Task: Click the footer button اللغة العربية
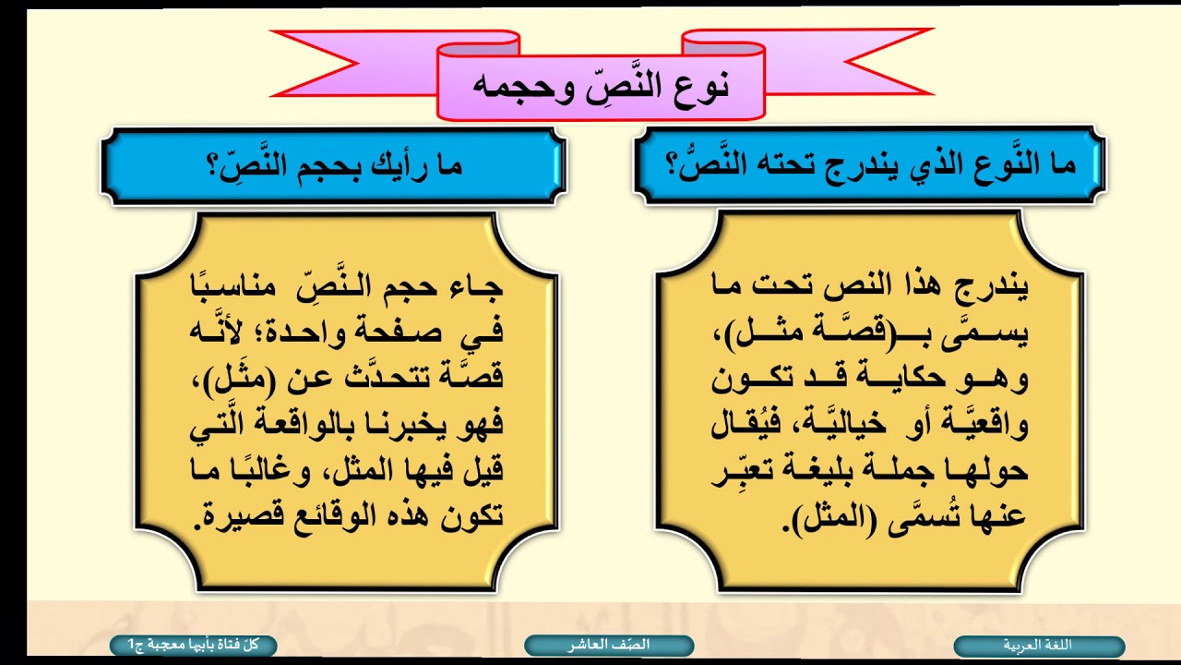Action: point(1038,646)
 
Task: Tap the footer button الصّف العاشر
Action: point(609,646)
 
